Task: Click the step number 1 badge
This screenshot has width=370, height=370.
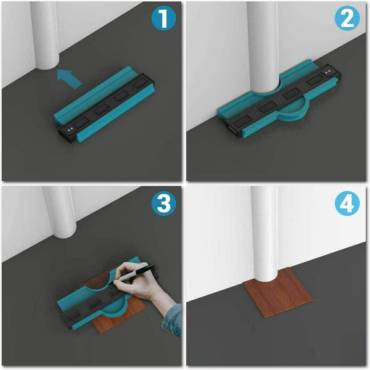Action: (x=163, y=18)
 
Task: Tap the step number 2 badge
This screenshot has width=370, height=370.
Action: (x=347, y=18)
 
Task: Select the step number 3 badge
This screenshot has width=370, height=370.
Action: (x=163, y=203)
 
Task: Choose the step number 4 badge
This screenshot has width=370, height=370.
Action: (x=347, y=203)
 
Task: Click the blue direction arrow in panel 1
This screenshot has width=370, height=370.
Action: (x=69, y=79)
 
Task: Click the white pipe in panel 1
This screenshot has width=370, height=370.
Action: (x=45, y=35)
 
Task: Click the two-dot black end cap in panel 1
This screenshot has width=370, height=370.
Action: (x=68, y=134)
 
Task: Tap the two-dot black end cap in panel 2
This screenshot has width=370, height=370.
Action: (x=331, y=72)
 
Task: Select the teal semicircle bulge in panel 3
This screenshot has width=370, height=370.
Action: (x=115, y=306)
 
